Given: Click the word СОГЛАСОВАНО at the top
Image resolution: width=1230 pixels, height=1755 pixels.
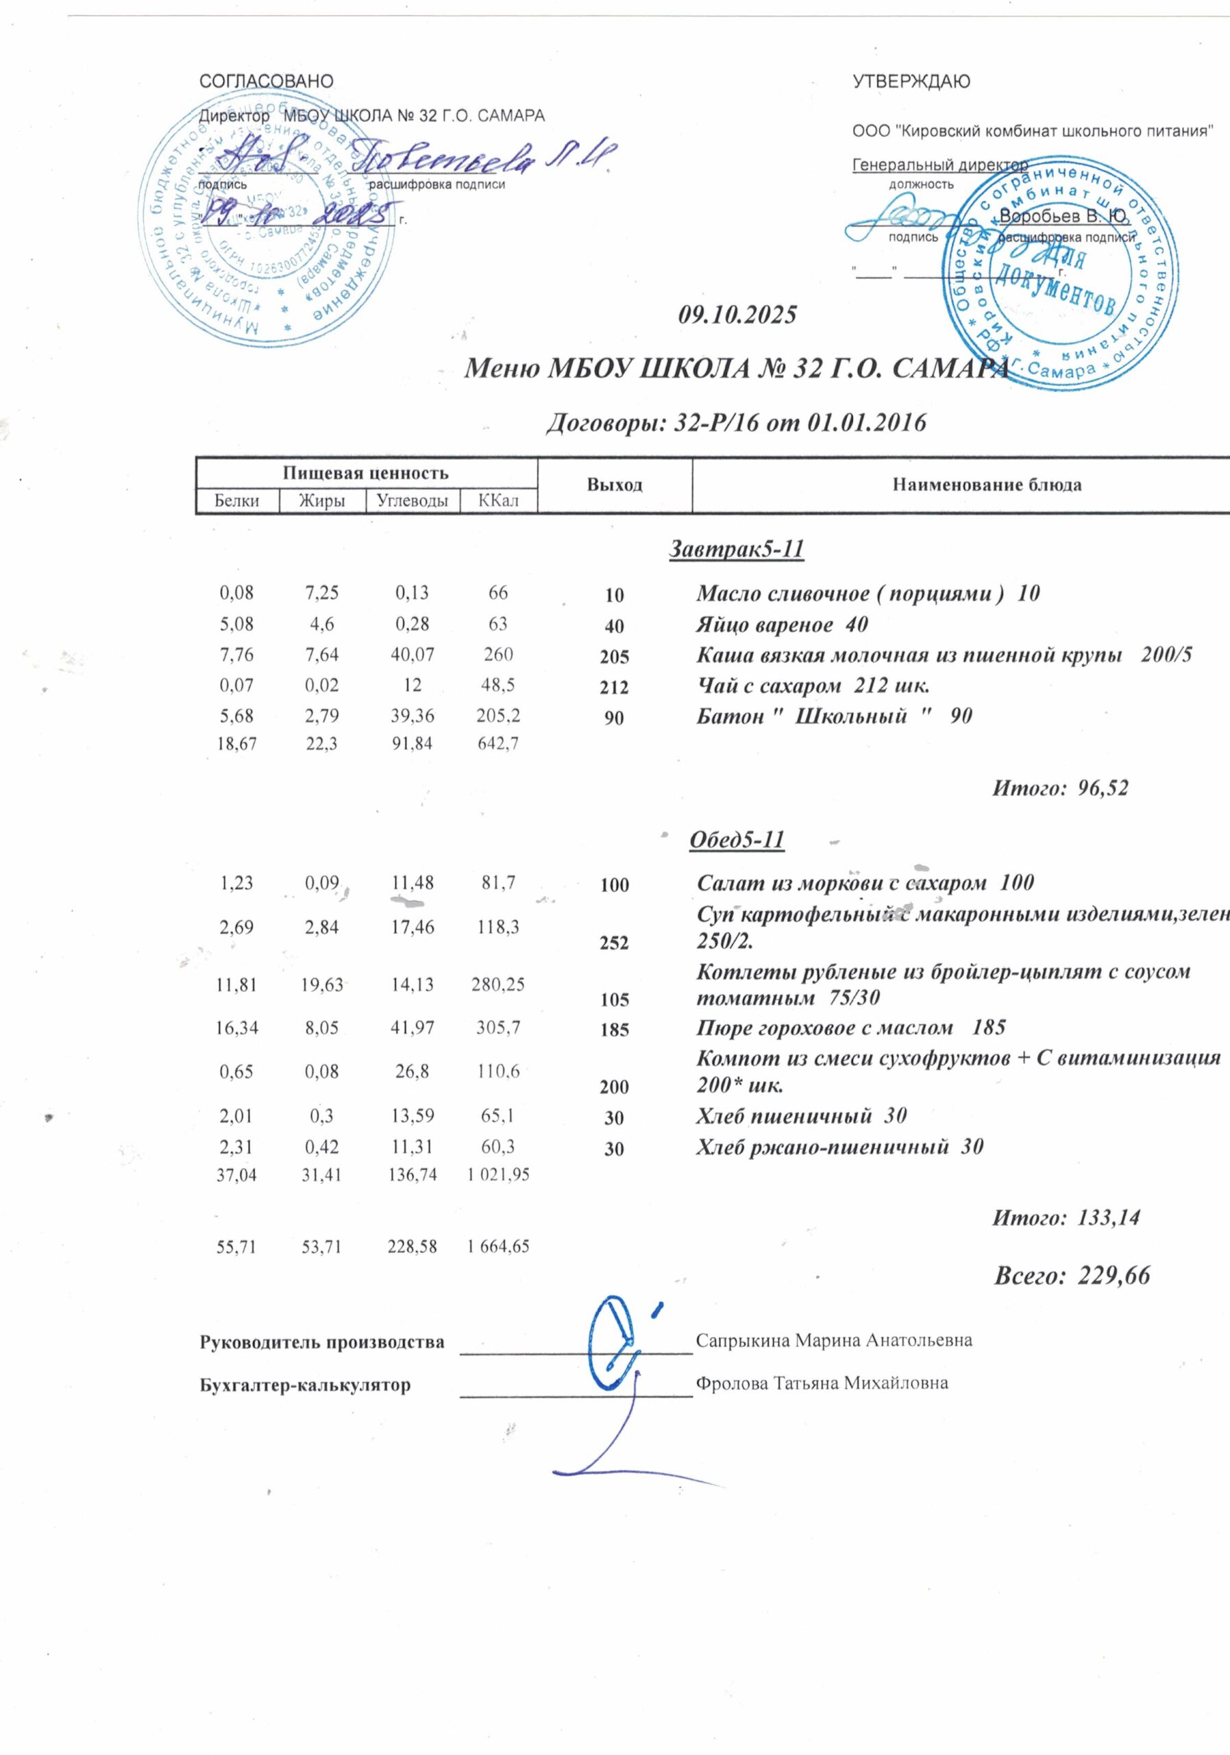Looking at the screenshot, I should tap(266, 82).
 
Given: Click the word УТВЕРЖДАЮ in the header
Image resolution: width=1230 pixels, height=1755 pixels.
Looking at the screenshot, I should tap(911, 82).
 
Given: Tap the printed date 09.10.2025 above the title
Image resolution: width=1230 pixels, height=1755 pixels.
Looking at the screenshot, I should tap(737, 314).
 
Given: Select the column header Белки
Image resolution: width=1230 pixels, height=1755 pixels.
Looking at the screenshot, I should tap(237, 501).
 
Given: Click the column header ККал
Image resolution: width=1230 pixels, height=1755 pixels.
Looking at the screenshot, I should tap(498, 501).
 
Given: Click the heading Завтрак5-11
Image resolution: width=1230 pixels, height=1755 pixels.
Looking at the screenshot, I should tap(737, 549).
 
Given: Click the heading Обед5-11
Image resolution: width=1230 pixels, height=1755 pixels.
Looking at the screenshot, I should tap(737, 839).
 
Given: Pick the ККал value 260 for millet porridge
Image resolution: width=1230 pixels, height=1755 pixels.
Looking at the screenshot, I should tap(498, 654).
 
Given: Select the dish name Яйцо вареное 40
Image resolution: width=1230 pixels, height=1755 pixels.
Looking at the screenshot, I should tap(783, 625).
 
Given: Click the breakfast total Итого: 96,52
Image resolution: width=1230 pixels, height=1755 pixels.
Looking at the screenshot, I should tap(1059, 788).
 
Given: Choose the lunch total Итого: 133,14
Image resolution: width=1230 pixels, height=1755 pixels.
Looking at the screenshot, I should tap(1065, 1218).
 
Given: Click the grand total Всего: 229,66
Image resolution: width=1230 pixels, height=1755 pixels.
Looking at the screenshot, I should tap(1071, 1275).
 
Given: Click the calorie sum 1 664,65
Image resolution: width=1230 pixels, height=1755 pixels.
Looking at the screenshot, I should tap(498, 1247).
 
